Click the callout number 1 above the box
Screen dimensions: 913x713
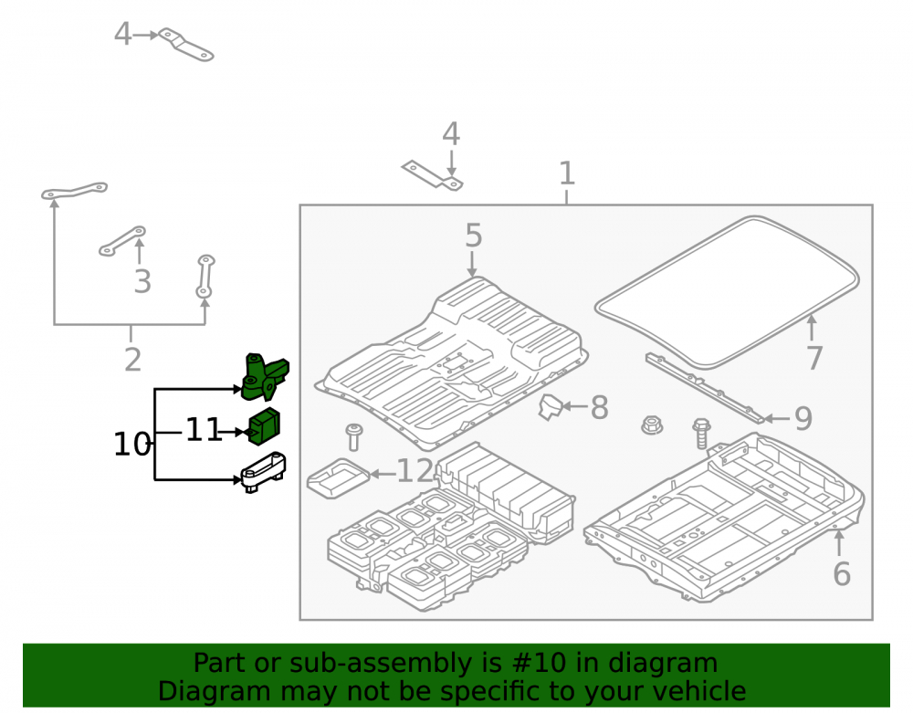(567, 173)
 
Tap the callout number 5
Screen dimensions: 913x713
(473, 236)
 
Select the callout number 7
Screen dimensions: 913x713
(814, 358)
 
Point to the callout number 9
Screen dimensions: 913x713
(803, 418)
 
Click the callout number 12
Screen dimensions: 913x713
(415, 471)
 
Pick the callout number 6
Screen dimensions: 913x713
(842, 574)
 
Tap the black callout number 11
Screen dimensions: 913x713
(204, 431)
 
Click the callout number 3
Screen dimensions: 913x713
(142, 282)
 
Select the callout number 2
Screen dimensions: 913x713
(132, 360)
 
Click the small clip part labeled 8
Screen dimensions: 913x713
(550, 406)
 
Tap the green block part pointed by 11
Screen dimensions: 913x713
(265, 426)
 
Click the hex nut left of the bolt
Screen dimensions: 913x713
(653, 425)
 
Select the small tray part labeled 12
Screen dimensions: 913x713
(339, 477)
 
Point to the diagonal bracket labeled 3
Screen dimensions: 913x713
(122, 241)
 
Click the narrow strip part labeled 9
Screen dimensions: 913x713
(705, 388)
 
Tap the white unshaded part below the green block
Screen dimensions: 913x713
(263, 471)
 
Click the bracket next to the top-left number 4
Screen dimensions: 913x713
(186, 44)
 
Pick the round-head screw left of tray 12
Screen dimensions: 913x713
(352, 437)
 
